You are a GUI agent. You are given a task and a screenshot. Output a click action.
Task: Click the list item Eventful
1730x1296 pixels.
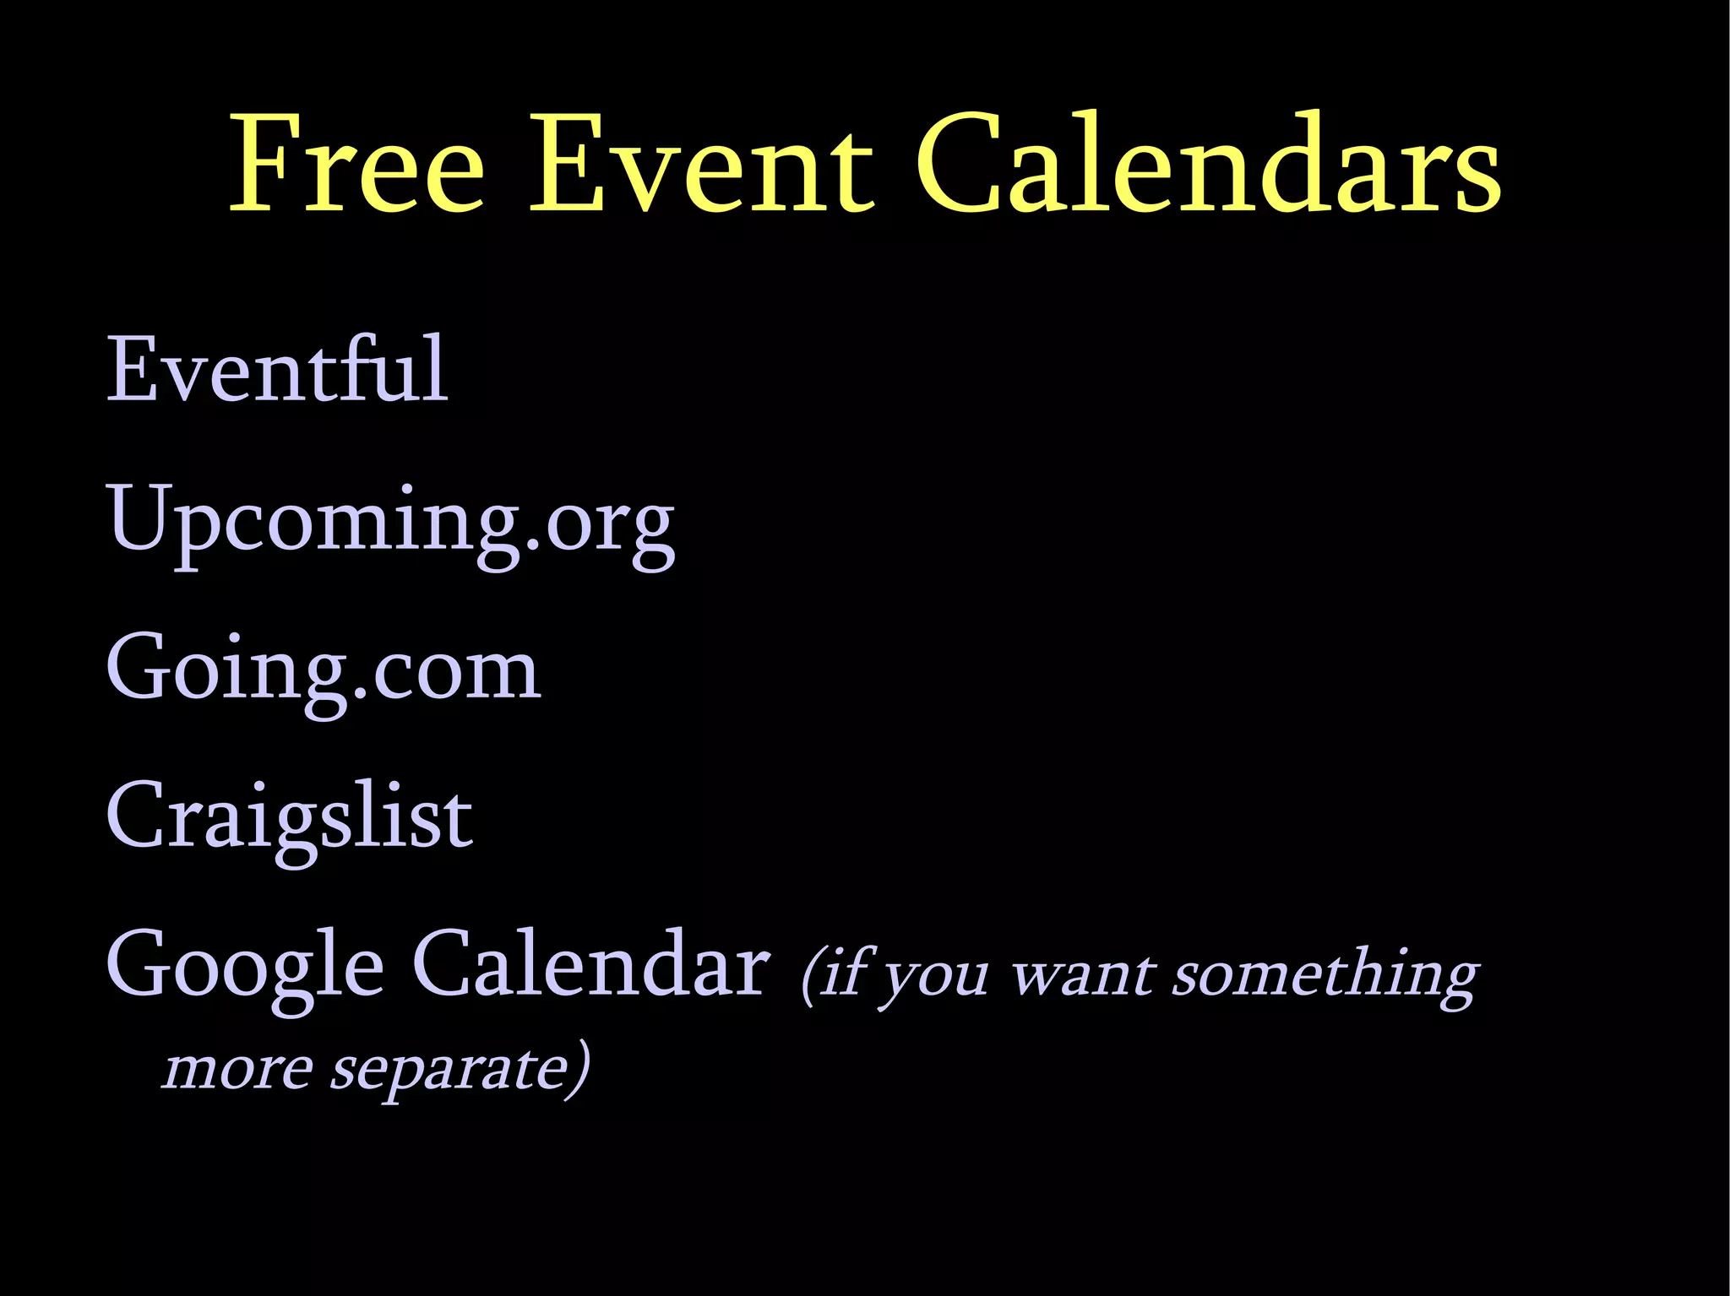[276, 369]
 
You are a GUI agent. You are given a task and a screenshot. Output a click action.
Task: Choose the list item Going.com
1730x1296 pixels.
[324, 670]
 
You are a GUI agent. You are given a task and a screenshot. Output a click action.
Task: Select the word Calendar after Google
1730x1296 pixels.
[590, 965]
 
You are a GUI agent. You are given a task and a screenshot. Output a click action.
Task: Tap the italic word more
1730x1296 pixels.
[237, 1069]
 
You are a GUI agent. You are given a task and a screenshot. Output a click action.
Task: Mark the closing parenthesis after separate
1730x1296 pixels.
[578, 1069]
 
